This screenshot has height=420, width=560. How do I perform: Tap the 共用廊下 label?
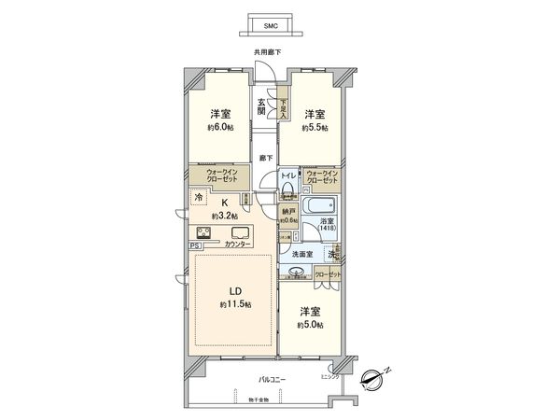click(x=269, y=53)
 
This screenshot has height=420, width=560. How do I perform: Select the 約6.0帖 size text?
click(x=221, y=130)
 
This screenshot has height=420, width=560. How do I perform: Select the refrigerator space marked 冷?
click(x=199, y=197)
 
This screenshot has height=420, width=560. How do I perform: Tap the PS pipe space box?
click(x=194, y=245)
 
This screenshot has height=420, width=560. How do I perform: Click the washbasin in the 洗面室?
click(x=297, y=273)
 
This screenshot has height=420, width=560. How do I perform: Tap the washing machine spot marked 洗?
click(x=333, y=254)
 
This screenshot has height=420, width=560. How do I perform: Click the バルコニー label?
click(x=272, y=380)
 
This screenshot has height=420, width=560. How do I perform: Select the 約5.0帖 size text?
click(x=310, y=324)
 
